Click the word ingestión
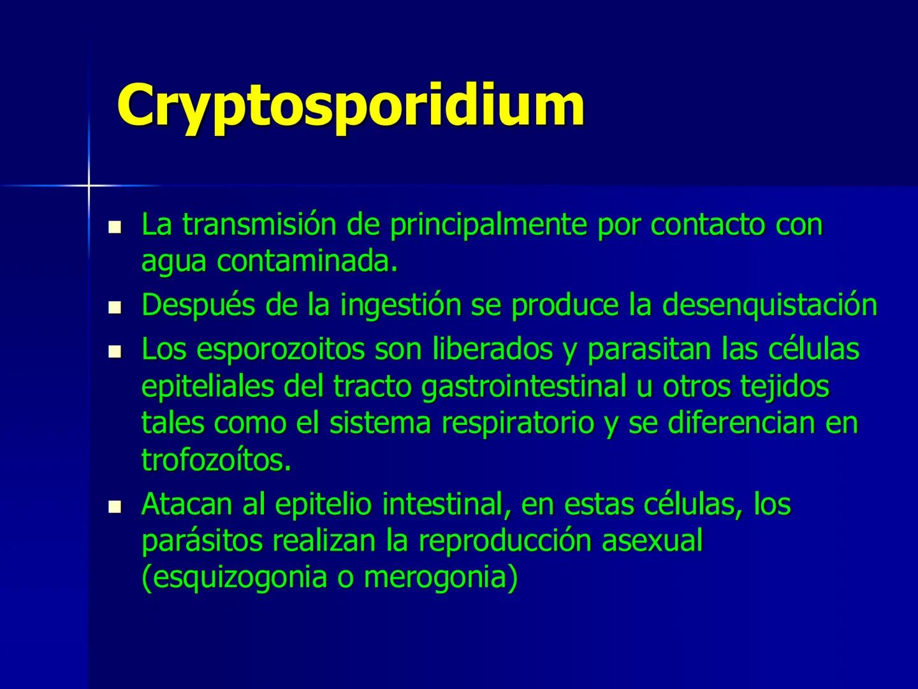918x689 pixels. click(401, 305)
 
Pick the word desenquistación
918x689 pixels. click(769, 305)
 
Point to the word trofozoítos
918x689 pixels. click(216, 460)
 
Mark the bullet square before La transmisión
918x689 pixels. click(115, 226)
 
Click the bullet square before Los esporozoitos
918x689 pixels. click(115, 351)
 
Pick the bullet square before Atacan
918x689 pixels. click(115, 506)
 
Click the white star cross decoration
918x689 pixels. click(89, 186)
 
